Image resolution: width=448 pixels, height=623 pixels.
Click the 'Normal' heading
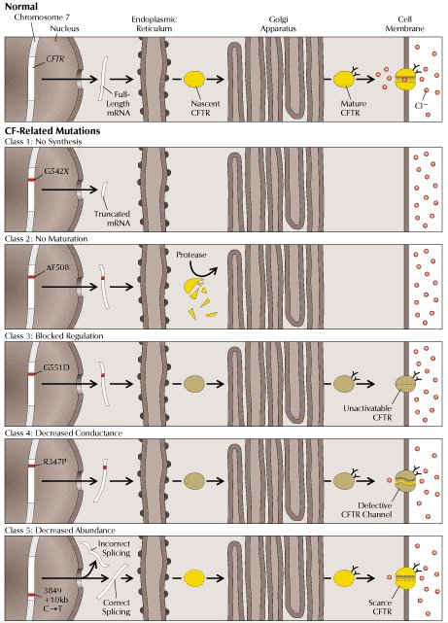coord(21,7)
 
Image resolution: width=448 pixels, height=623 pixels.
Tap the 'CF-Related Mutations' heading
coord(52,131)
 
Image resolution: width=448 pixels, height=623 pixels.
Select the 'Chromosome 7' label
coord(42,17)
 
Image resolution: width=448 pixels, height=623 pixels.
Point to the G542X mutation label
coord(56,172)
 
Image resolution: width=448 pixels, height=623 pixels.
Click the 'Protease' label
coord(191,255)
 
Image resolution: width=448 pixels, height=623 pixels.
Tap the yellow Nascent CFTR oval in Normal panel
coord(194,79)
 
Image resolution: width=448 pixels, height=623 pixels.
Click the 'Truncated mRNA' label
coord(112,219)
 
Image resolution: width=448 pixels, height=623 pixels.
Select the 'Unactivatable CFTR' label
coord(367,413)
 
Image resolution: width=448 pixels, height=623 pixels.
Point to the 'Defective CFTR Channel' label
coord(366,509)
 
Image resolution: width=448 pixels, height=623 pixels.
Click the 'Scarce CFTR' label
coord(380,607)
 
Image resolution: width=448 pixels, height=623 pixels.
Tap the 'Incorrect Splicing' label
coord(114,548)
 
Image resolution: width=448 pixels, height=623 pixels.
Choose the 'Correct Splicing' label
coord(117,607)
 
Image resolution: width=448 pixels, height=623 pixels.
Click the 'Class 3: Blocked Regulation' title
coord(54,336)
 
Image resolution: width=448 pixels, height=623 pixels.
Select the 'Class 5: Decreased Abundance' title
coord(60,531)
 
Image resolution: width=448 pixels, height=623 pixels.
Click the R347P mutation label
coord(54,462)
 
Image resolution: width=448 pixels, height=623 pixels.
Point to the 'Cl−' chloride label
coord(421,106)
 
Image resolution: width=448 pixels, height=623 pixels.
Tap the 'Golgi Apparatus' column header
coord(278,24)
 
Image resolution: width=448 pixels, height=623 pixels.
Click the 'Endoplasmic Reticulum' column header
coord(155,24)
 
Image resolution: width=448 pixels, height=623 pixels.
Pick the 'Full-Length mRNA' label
coord(118,104)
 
